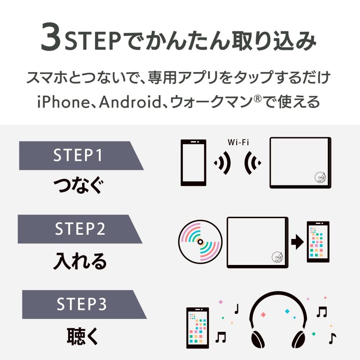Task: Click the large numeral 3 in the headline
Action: (51, 37)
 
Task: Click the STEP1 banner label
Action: (78, 156)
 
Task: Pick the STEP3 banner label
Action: (82, 304)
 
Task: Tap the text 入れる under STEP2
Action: (80, 262)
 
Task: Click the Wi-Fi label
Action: (238, 142)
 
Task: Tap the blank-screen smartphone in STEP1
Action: (193, 162)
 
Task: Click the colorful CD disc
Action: (199, 241)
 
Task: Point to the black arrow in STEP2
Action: (297, 242)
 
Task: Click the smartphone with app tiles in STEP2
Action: (318, 242)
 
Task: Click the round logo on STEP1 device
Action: (319, 177)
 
